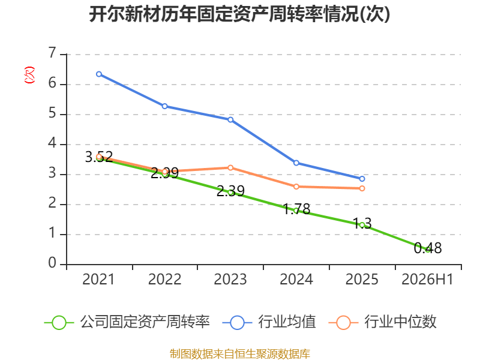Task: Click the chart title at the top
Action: point(239,14)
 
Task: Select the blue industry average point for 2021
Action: point(99,74)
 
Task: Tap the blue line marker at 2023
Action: point(230,119)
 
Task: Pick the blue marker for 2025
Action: point(362,179)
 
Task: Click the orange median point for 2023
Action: point(230,168)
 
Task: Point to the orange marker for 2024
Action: point(296,187)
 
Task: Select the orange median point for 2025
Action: point(362,188)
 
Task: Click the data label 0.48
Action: point(428,248)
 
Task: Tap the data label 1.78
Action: point(296,209)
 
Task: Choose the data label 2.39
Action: point(230,191)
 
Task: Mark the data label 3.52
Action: point(99,157)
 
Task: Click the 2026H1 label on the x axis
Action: point(427,279)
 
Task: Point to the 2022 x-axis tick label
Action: point(164,279)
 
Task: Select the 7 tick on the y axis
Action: point(52,53)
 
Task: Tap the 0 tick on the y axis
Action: point(52,263)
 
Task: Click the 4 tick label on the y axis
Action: point(52,143)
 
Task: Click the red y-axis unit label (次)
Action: point(29,75)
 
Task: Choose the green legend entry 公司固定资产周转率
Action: point(127,322)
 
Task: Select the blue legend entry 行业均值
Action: point(269,322)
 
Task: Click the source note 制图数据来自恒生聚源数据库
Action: point(239,354)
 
